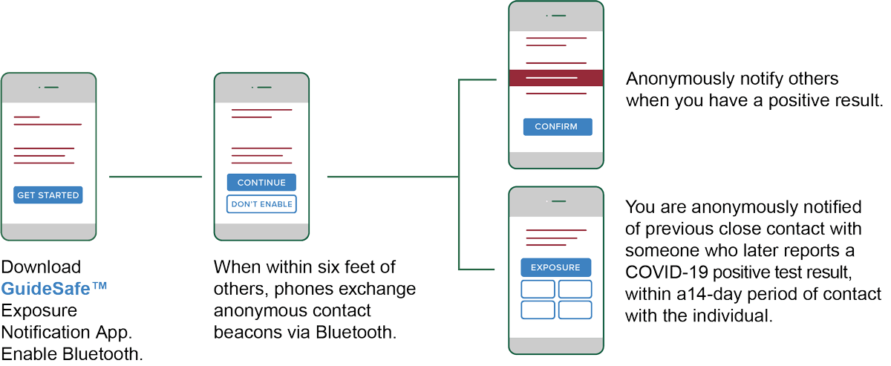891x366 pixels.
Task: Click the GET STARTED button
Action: point(48,195)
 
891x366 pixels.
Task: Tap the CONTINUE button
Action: point(261,183)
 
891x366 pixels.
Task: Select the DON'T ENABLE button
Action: point(261,204)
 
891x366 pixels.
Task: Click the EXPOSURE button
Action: point(555,267)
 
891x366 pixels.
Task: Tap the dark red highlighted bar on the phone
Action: point(555,77)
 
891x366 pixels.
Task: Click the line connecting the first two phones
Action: point(155,177)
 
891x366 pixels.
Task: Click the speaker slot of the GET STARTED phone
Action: point(51,88)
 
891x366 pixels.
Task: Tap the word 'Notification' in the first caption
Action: point(46,330)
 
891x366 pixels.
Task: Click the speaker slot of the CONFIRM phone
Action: point(558,16)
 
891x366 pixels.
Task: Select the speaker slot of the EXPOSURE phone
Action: point(558,200)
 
